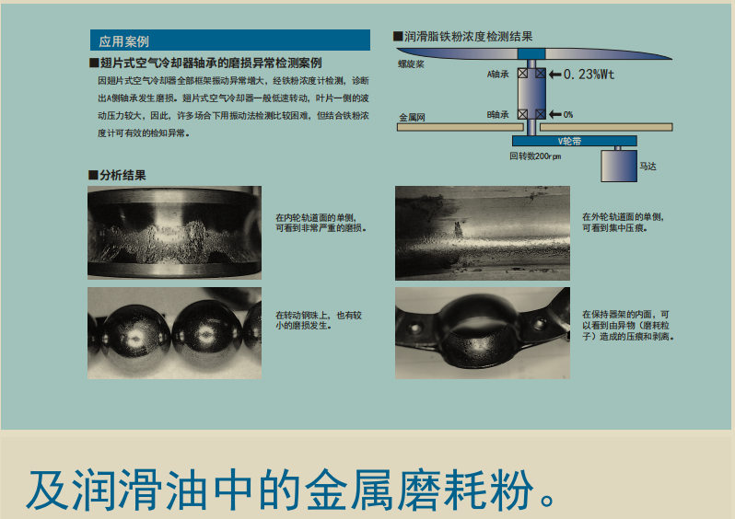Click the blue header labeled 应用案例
coord(229,40)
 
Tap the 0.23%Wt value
coord(589,74)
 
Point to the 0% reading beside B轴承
coord(567,114)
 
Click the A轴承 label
coord(497,74)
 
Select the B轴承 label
coord(497,114)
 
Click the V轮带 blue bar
coord(574,141)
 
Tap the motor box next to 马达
coord(619,166)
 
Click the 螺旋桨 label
coord(411,63)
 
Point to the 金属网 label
coord(412,117)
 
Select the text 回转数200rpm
coord(535,156)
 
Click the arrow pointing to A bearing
coord(555,74)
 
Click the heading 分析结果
coord(117,175)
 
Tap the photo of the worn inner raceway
coord(174,233)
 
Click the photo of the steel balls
coord(174,333)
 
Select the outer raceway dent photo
coord(483,233)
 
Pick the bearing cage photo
coord(483,333)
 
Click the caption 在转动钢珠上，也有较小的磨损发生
coord(319,320)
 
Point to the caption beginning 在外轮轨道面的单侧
coord(623,223)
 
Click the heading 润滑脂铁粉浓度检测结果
coord(463,37)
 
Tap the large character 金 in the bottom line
coord(327,490)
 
